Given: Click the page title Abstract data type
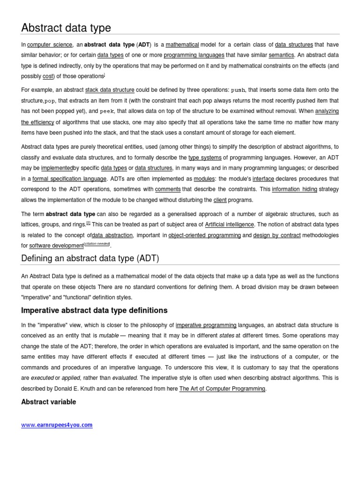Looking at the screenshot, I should coord(66,28).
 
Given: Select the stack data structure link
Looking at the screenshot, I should coord(110,90).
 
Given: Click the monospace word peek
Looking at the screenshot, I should coord(107,111).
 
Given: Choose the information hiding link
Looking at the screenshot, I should coord(294,189).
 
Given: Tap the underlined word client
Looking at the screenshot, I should coord(220,200).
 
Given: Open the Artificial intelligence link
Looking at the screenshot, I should coord(230,225).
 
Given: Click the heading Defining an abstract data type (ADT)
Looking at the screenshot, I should coord(90,258).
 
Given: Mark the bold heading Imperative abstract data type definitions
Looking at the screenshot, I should coord(94,311).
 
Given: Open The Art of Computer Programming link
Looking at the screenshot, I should coord(223,389).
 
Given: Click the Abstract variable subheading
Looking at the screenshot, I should coord(49,402).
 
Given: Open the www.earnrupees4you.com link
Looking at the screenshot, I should coord(57,425).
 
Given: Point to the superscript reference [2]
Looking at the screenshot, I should coord(88,223).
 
